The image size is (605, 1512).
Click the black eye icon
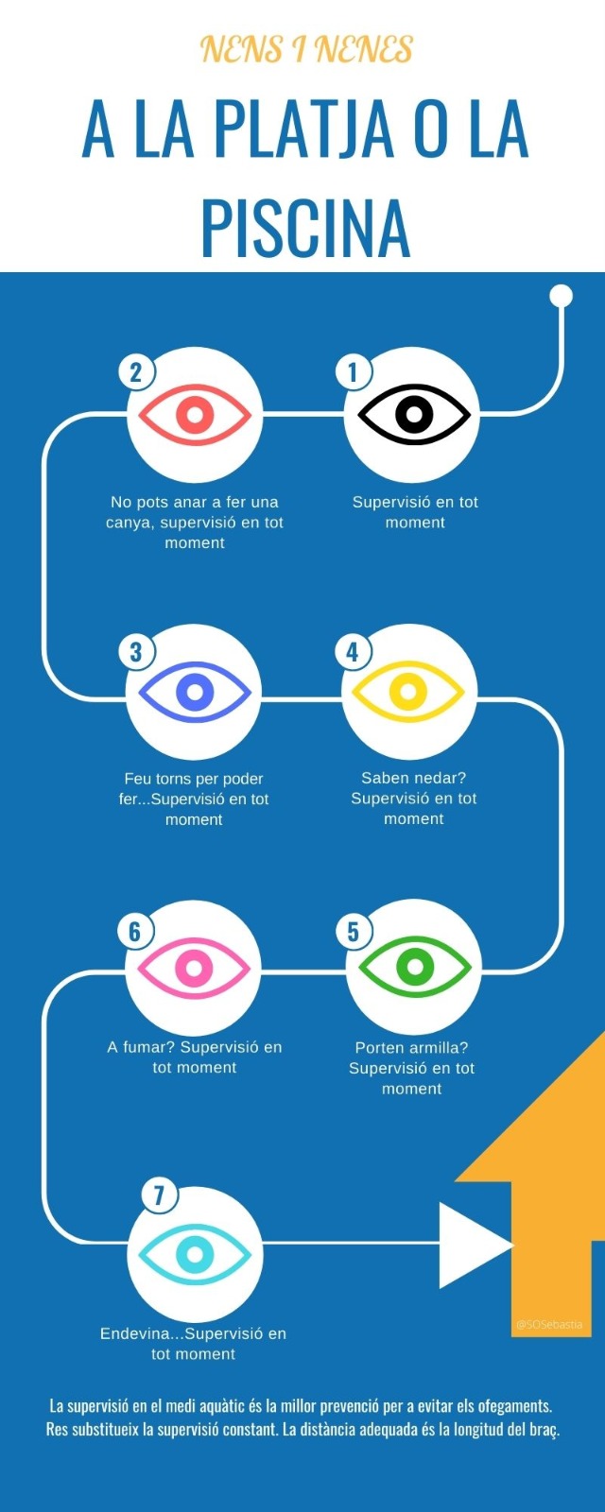(x=413, y=415)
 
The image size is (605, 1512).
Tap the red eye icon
(x=195, y=415)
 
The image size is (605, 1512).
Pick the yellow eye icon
(x=408, y=692)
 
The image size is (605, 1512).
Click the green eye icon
(x=414, y=968)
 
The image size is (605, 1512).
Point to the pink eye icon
(x=194, y=968)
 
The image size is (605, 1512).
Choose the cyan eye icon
(x=195, y=1255)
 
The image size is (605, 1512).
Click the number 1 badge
(x=353, y=371)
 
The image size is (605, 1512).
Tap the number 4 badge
(x=353, y=651)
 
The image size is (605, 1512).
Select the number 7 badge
(x=159, y=1195)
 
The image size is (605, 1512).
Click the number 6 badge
(x=135, y=932)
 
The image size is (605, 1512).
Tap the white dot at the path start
(x=562, y=296)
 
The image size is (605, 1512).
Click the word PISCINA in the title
(x=305, y=228)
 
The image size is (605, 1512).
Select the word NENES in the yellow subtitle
(x=364, y=49)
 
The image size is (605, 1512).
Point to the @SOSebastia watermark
(x=549, y=1324)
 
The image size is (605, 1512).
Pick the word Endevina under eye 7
(x=139, y=1333)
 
